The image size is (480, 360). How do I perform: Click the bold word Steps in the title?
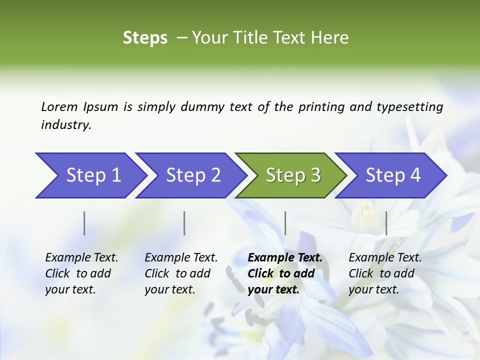(x=145, y=38)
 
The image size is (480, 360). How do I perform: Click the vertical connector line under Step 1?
(x=84, y=223)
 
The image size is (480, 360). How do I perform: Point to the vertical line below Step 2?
(x=184, y=223)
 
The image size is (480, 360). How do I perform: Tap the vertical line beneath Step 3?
(x=285, y=223)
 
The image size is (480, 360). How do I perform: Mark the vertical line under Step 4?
(x=386, y=223)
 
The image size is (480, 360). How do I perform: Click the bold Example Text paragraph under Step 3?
(x=285, y=273)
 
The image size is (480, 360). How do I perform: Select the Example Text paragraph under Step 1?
(x=81, y=273)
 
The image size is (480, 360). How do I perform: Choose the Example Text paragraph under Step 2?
(x=181, y=273)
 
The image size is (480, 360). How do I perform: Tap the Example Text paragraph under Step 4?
(x=385, y=273)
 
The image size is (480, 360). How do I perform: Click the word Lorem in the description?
(x=59, y=107)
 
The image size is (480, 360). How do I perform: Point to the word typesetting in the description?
(x=409, y=107)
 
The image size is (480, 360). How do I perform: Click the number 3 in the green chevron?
(x=314, y=175)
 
